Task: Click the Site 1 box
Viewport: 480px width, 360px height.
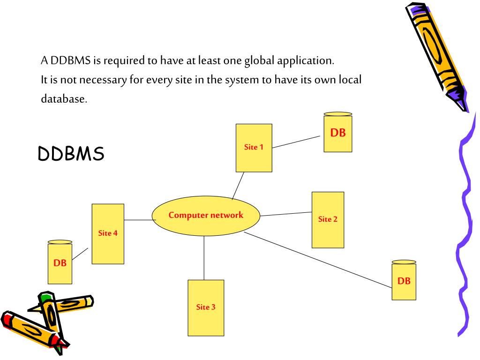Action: [x=254, y=147]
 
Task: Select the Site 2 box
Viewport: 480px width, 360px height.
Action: [x=328, y=219]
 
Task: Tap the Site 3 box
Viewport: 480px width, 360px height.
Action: [x=206, y=307]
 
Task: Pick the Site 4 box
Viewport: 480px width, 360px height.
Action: [x=108, y=233]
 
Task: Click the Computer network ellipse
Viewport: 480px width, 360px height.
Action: [x=206, y=216]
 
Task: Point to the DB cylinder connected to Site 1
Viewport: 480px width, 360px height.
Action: [x=337, y=133]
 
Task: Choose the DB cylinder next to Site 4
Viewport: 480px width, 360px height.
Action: [x=60, y=263]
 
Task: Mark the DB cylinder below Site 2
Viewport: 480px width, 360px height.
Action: [x=404, y=281]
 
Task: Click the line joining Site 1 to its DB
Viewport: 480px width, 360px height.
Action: [x=296, y=142]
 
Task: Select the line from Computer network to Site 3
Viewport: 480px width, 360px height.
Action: [x=204, y=258]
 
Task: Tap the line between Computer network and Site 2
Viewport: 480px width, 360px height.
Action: [x=286, y=214]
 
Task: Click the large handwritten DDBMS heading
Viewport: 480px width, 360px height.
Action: [x=71, y=154]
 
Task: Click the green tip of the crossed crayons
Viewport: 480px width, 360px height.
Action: [x=45, y=297]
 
